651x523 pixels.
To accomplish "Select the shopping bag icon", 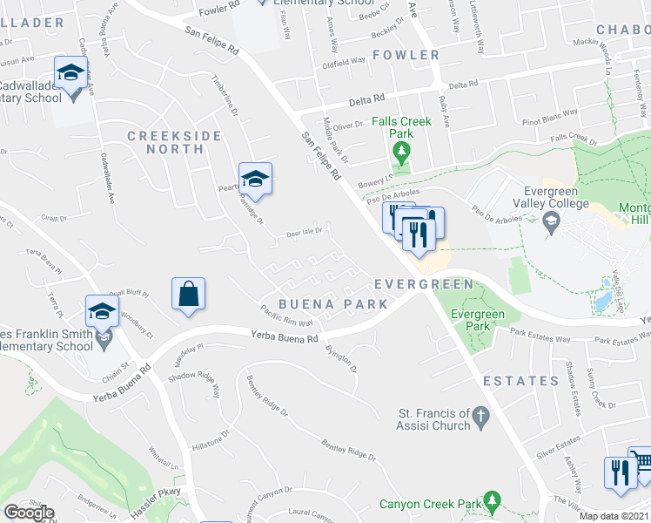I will (189, 294).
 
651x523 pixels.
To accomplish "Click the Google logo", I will (29, 513).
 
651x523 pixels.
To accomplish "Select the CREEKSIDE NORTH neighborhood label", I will (166, 142).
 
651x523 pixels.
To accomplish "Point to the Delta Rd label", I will (366, 100).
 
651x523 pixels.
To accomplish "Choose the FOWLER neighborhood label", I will (406, 55).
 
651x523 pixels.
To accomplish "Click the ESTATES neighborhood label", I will (521, 381).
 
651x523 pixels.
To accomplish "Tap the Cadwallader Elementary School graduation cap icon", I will (70, 72).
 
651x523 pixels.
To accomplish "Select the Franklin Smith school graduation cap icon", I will (102, 311).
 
